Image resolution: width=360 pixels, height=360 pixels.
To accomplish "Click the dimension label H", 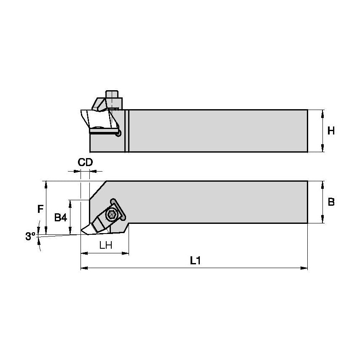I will (331, 131).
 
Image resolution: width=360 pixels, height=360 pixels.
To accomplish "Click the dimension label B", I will (331, 202).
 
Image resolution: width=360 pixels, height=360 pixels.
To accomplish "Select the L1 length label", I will (194, 261).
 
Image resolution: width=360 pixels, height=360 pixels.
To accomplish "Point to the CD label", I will (85, 163).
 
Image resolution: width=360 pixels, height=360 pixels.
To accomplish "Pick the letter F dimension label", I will (40, 209).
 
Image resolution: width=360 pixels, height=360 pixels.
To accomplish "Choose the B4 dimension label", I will (61, 218).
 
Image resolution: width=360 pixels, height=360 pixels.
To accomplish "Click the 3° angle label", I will (30, 236).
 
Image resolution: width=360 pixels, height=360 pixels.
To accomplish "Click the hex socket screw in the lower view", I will (112, 215).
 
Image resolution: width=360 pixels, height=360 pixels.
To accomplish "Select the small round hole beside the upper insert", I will (119, 133).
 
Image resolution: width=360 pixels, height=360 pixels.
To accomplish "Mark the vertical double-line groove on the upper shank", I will (126, 131).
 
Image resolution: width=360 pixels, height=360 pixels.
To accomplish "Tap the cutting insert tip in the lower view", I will (82, 231).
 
